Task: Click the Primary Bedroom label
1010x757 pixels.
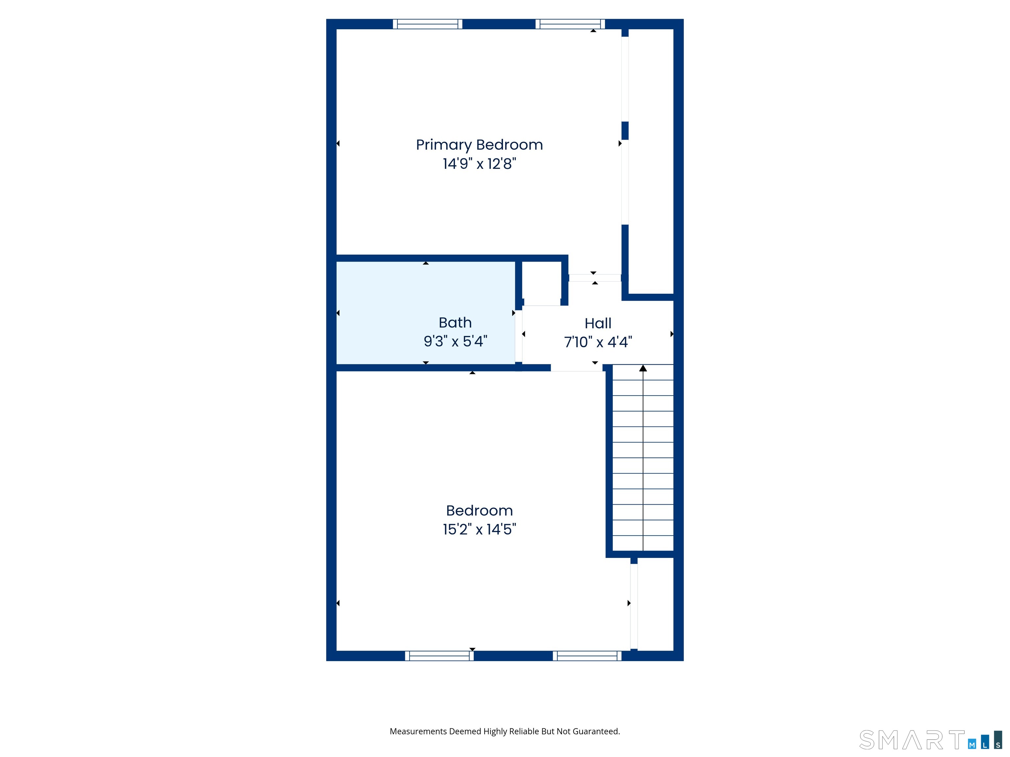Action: click(479, 145)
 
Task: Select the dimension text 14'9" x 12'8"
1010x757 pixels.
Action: click(479, 163)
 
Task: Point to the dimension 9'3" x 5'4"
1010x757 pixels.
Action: click(455, 341)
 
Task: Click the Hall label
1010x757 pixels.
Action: click(598, 324)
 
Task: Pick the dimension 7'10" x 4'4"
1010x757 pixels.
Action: click(598, 342)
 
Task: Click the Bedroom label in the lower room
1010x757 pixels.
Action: click(479, 511)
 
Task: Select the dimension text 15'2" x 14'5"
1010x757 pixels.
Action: click(479, 529)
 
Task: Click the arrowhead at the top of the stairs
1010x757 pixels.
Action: click(643, 368)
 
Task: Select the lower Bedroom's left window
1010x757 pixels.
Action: click(439, 656)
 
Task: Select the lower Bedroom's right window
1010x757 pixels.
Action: click(587, 656)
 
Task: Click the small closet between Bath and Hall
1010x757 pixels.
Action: click(541, 283)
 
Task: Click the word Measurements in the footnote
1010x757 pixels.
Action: click(418, 731)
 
